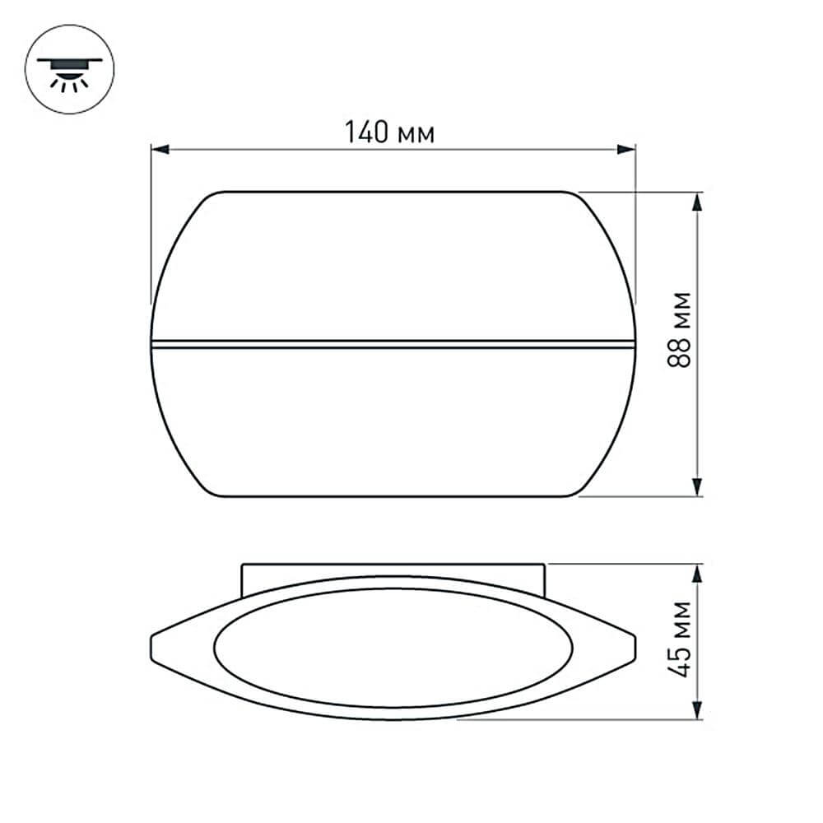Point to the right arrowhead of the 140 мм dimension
click(626, 150)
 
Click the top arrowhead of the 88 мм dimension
click(698, 202)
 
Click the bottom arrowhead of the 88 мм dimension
click(698, 487)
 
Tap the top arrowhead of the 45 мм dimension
click(698, 574)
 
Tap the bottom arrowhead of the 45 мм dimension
click(698, 709)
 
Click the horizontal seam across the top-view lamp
click(393, 343)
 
